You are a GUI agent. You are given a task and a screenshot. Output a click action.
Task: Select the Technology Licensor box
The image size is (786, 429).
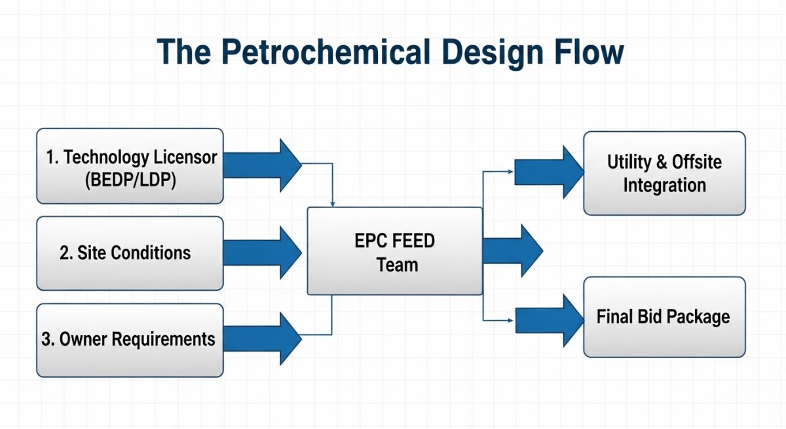pyautogui.click(x=130, y=166)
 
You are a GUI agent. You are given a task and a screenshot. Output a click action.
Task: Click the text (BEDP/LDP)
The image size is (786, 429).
pyautogui.click(x=130, y=180)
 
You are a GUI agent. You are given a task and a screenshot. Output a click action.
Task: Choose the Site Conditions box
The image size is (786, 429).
pyautogui.click(x=130, y=253)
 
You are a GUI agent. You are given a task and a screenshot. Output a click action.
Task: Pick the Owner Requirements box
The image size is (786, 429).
pyautogui.click(x=130, y=340)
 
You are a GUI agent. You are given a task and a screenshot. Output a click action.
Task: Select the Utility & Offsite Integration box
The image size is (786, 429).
pyautogui.click(x=664, y=173)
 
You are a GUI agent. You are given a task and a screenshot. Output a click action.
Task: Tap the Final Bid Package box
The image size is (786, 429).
pyautogui.click(x=664, y=317)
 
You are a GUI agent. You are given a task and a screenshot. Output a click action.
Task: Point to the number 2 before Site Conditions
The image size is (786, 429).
pyautogui.click(x=64, y=253)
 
